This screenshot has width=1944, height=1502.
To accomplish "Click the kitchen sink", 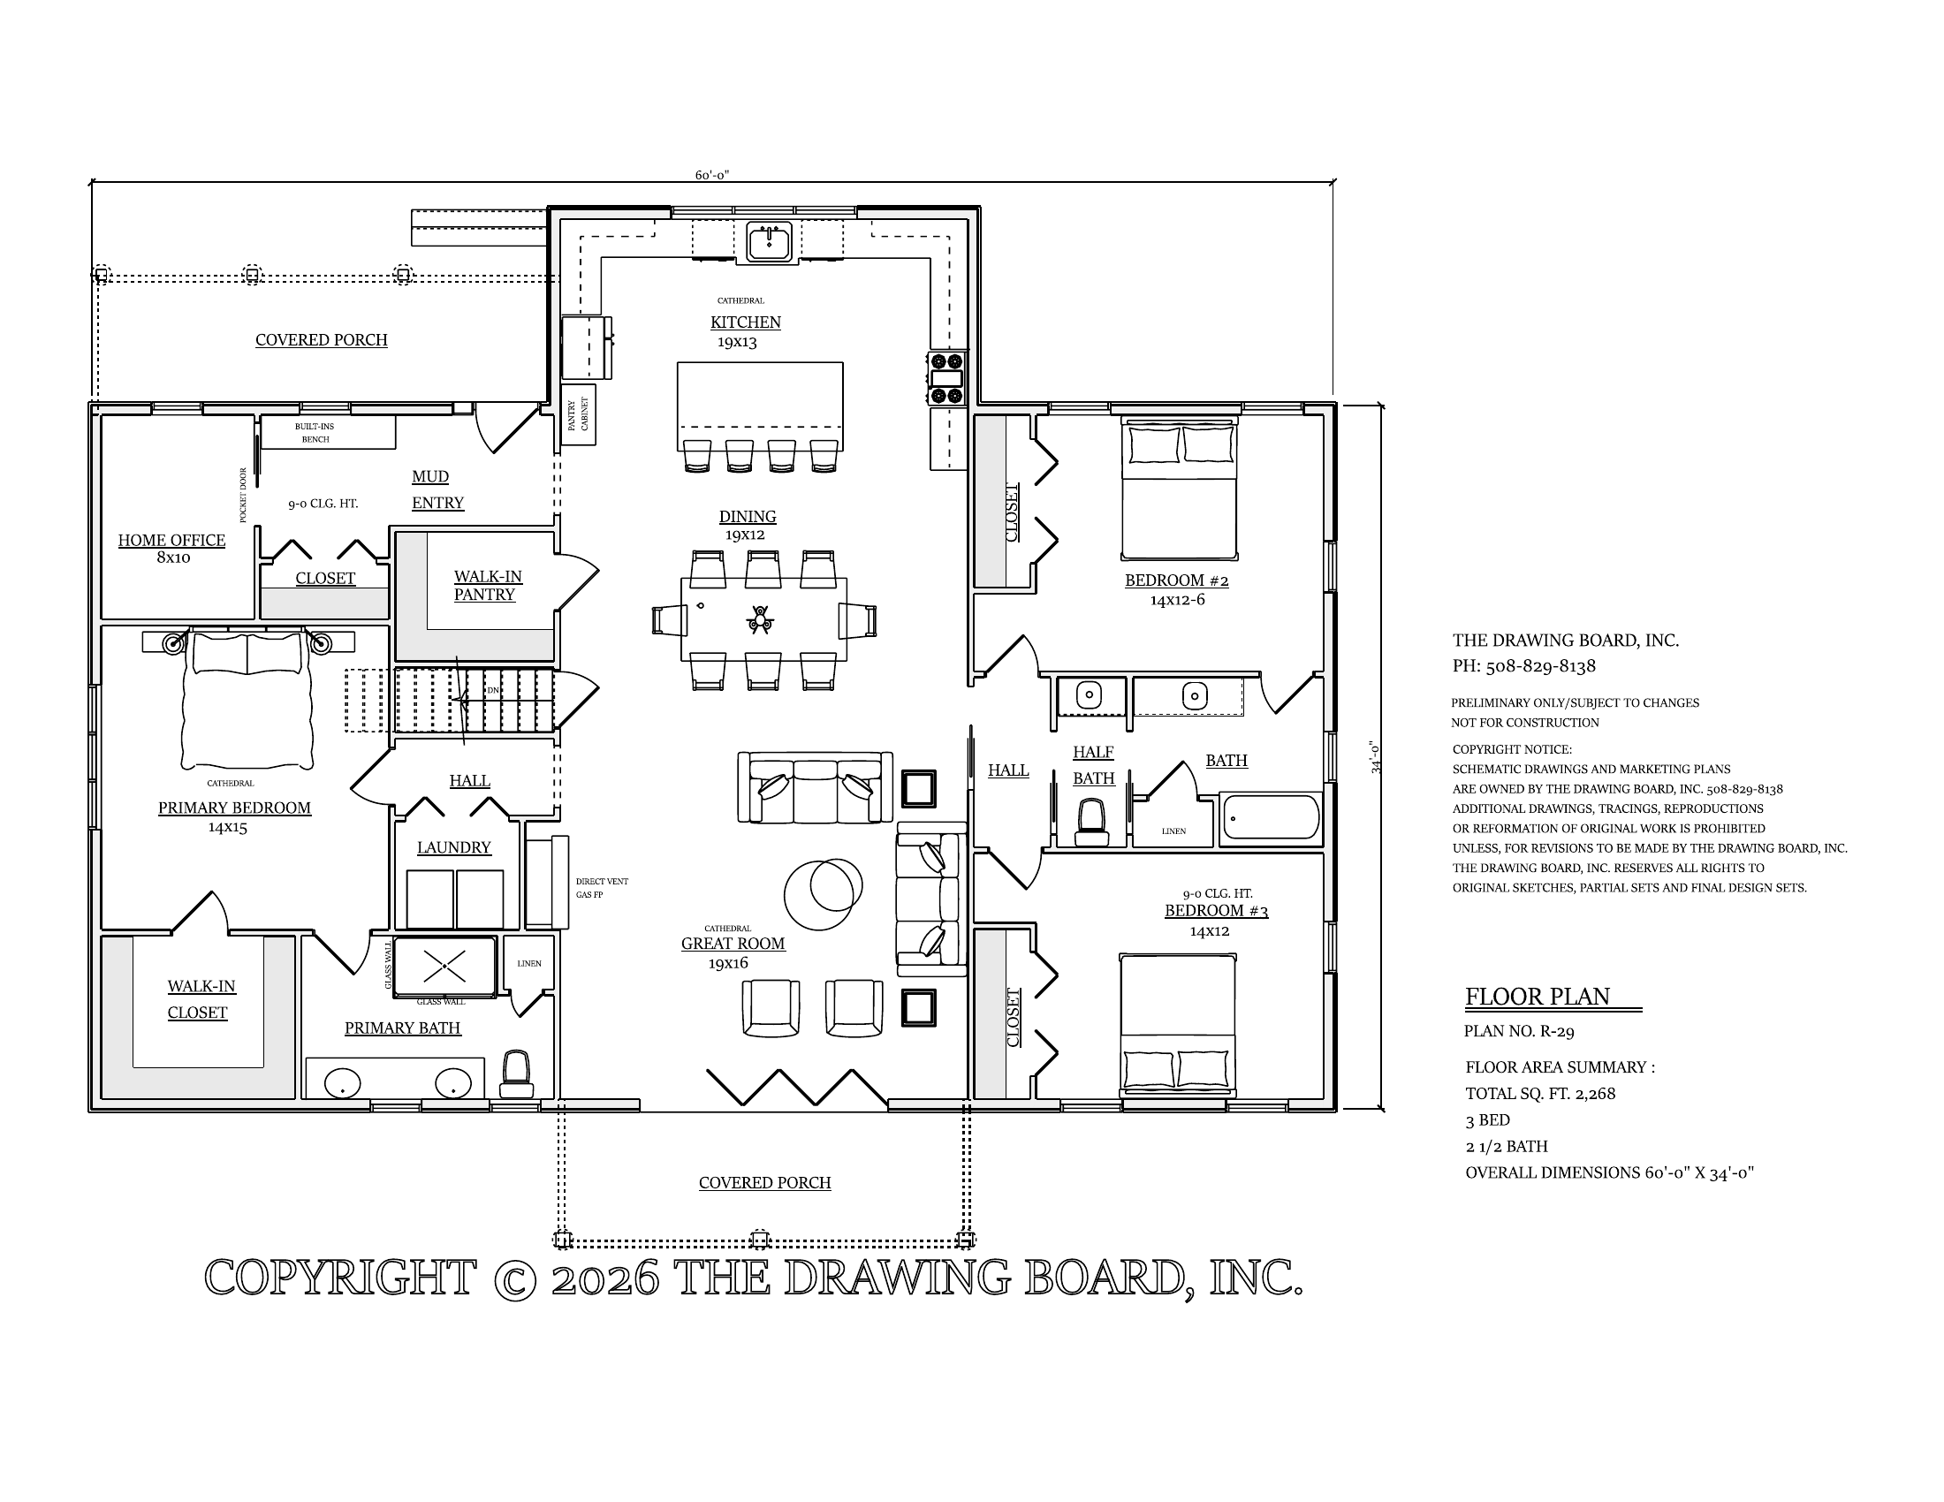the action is [x=769, y=242].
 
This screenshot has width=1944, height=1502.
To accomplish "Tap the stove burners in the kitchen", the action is [x=946, y=378].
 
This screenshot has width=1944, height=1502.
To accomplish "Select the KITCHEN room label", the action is [x=745, y=322].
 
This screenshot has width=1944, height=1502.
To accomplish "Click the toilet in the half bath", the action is [x=1092, y=822].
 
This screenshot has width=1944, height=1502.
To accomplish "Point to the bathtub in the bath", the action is [x=1271, y=817].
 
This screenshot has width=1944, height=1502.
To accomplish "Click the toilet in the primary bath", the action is [x=516, y=1075].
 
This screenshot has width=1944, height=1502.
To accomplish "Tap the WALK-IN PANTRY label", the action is [x=487, y=586].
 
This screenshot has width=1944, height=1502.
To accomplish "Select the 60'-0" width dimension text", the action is [x=712, y=175].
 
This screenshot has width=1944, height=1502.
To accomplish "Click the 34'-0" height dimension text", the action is [x=1376, y=756].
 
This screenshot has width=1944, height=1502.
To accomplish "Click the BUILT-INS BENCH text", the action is [x=315, y=432].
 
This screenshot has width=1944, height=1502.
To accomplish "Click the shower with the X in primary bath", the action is [x=444, y=966].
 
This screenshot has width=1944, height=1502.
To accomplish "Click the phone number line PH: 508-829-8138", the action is [x=1524, y=665].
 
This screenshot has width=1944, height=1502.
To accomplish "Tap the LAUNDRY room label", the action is [x=454, y=847].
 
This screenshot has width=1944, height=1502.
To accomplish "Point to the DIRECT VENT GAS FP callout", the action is [x=602, y=888].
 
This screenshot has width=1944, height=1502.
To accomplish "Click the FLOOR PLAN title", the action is [x=1538, y=997].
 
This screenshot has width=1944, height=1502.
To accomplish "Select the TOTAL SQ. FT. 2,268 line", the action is [x=1540, y=1094].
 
